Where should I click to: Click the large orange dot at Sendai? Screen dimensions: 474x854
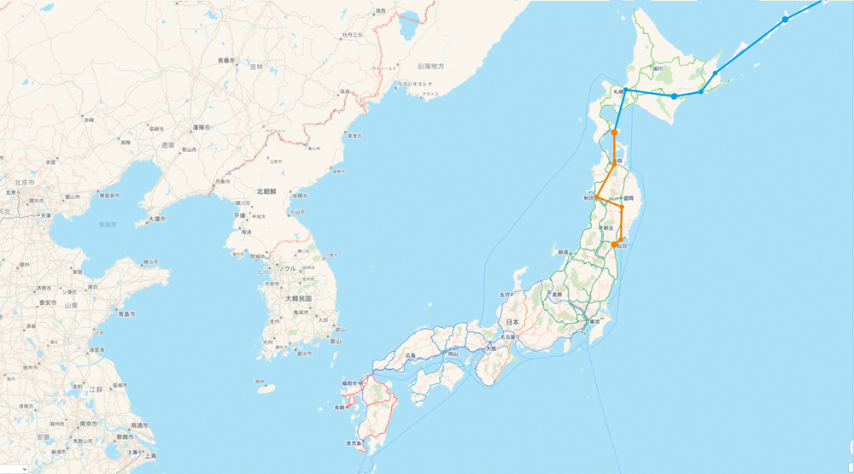click(x=614, y=245)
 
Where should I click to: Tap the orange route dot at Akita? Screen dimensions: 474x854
click(x=597, y=199)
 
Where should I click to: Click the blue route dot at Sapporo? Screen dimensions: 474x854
click(x=625, y=90)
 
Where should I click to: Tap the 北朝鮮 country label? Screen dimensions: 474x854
click(x=271, y=192)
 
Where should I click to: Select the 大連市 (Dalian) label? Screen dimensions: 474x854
click(x=156, y=219)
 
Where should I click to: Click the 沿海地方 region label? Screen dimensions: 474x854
click(x=431, y=66)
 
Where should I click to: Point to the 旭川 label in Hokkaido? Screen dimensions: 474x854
click(x=658, y=68)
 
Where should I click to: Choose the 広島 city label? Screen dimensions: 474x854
click(x=412, y=354)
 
